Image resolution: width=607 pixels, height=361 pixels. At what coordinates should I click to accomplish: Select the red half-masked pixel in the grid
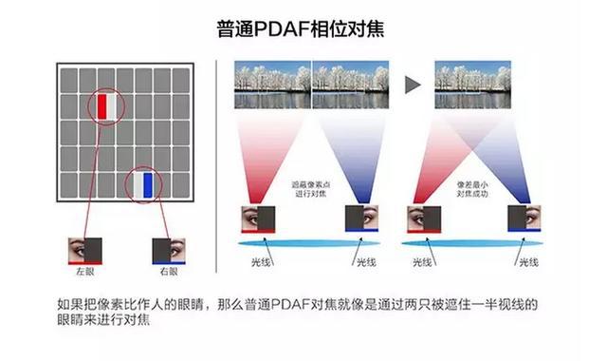click(106, 106)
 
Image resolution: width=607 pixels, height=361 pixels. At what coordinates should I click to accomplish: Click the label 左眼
click(84, 271)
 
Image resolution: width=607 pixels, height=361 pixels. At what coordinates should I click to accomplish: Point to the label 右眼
click(169, 271)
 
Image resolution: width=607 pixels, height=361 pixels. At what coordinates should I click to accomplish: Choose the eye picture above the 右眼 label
click(169, 249)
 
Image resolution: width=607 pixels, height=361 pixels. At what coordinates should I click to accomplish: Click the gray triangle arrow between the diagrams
click(413, 85)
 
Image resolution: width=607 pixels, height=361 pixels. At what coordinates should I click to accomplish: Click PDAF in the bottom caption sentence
click(290, 305)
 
